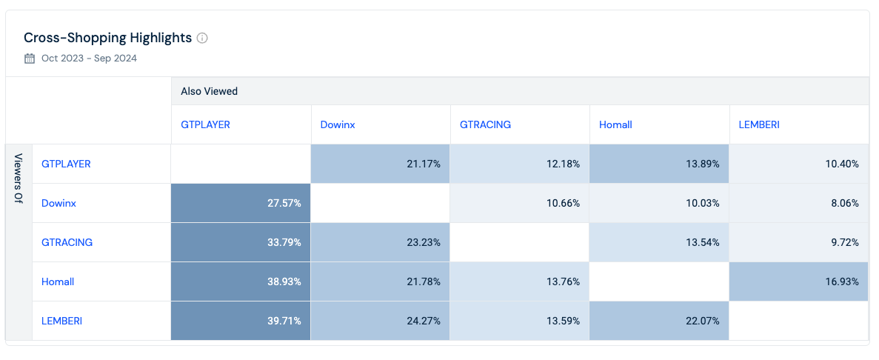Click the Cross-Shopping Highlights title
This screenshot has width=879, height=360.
[107, 38]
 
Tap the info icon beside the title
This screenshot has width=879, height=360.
[202, 38]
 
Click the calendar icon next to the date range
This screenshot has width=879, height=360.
[30, 59]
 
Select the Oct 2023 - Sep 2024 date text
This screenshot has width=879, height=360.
[89, 59]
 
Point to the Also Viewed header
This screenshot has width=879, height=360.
[209, 91]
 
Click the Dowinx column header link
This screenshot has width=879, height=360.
[338, 124]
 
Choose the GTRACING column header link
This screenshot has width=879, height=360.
[485, 124]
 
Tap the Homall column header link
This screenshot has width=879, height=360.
[615, 124]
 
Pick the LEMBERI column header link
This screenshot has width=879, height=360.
[759, 124]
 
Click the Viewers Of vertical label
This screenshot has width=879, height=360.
[19, 178]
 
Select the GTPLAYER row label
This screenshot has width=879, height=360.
[66, 164]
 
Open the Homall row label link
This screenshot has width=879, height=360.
[58, 281]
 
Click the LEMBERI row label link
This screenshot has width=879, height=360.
[61, 321]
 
